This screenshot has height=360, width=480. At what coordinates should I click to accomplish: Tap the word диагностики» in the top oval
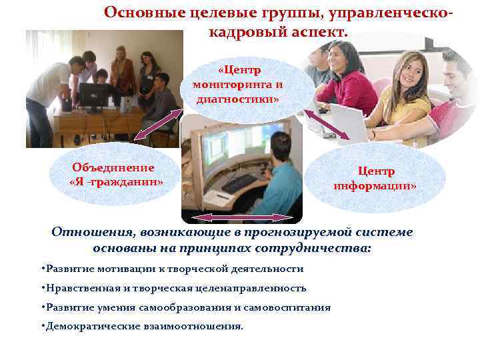coord(238,99)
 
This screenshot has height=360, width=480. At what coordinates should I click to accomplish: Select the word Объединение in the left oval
coord(113,168)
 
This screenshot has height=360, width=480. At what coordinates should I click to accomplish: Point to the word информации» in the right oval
coord(375,185)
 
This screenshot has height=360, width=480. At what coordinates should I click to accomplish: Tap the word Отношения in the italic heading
coord(93,232)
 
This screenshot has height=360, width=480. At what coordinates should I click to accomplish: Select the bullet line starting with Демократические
coord(142,327)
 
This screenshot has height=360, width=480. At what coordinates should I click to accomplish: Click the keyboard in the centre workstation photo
coord(237,181)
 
